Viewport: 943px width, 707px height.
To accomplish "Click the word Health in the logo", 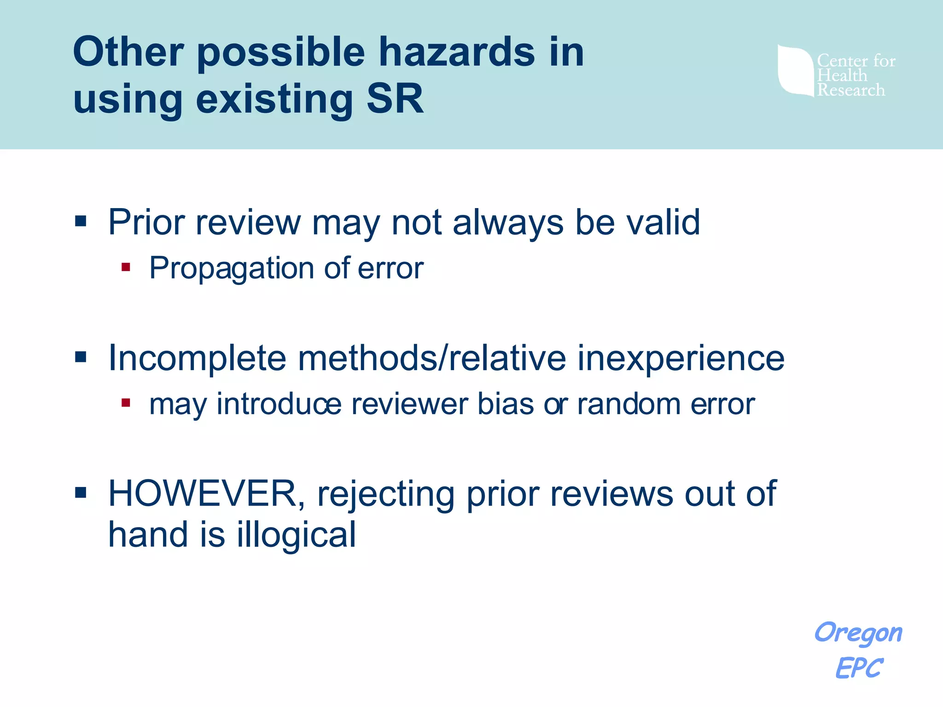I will (x=842, y=75).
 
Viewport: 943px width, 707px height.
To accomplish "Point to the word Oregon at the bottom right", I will (x=858, y=633).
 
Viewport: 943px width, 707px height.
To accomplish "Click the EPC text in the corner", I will (x=859, y=668).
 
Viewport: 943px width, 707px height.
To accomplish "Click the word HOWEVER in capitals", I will (x=206, y=494).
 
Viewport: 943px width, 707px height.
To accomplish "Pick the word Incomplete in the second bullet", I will (x=197, y=358).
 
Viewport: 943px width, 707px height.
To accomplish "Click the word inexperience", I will (x=681, y=358).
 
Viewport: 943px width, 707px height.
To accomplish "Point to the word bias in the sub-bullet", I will (x=505, y=404).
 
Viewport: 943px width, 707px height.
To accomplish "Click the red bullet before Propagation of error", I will (x=126, y=267).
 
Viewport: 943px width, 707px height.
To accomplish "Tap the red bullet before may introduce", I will (x=126, y=403).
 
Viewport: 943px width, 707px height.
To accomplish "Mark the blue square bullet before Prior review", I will (x=81, y=221).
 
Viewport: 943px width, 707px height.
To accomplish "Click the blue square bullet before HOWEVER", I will (x=81, y=493).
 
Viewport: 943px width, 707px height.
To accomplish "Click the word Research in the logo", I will (x=851, y=90).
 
